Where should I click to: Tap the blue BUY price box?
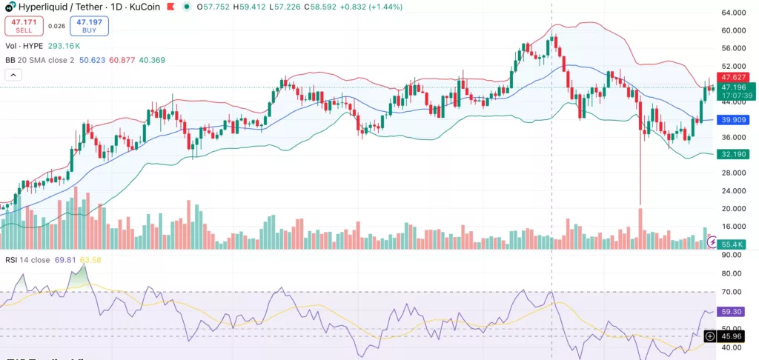[x=90, y=27]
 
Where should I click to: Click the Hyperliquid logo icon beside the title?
[x=10, y=6]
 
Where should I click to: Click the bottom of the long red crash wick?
[x=640, y=204]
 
